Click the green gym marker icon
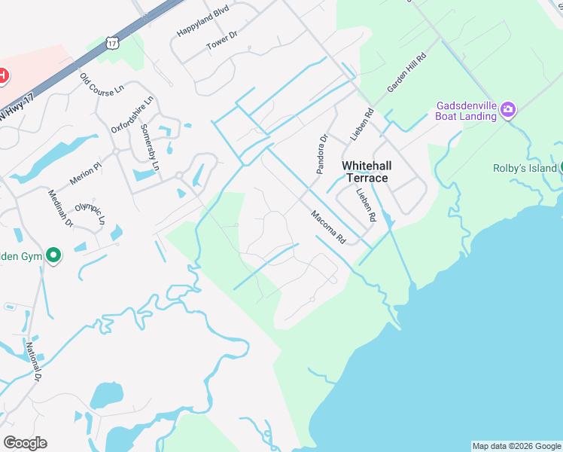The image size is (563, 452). pyautogui.click(x=53, y=256)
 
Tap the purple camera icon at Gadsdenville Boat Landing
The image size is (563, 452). pyautogui.click(x=508, y=111)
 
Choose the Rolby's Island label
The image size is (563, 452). pyautogui.click(x=524, y=168)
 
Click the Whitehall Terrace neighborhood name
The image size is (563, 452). pyautogui.click(x=365, y=171)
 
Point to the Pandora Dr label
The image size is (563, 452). pyautogui.click(x=322, y=154)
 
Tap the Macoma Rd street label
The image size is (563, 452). pyautogui.click(x=328, y=226)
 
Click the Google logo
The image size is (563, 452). pyautogui.click(x=25, y=443)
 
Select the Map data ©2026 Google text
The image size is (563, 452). pyautogui.click(x=516, y=446)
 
